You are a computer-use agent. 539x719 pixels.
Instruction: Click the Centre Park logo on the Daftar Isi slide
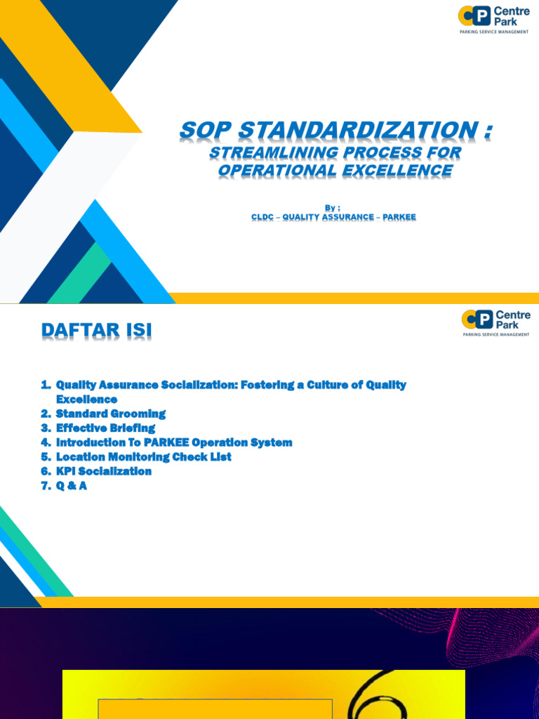496,322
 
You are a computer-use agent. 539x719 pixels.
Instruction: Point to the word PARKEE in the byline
399,217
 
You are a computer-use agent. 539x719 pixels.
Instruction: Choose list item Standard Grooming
110,414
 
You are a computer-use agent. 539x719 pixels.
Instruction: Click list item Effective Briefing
105,428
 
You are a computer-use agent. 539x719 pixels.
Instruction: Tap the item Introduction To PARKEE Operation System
173,442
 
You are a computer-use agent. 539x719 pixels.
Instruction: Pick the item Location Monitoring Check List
143,456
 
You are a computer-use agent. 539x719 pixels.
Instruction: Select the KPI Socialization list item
103,471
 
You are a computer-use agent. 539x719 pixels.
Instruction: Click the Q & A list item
71,485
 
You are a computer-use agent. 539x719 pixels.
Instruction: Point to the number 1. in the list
46,385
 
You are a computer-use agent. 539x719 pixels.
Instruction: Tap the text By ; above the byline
333,207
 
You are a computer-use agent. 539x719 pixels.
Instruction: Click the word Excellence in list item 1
86,400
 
